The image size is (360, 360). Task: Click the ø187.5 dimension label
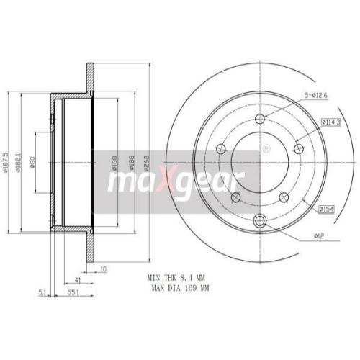(x=6, y=163)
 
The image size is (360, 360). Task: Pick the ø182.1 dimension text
(x=18, y=163)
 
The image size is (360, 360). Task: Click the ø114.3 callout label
(x=330, y=122)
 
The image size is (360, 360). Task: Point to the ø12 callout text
(x=318, y=235)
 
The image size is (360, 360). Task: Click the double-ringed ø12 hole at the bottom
(x=261, y=220)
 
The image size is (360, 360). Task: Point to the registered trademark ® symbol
(x=266, y=149)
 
